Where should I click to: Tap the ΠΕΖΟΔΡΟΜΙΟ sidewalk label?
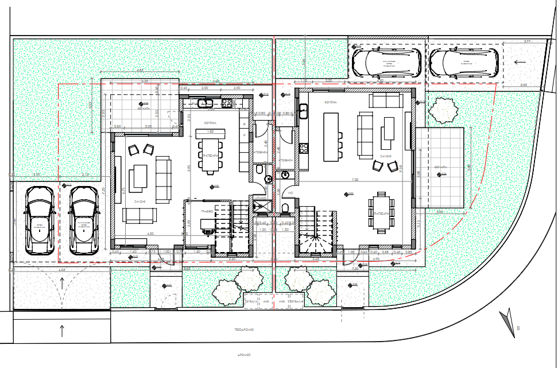point(245,331)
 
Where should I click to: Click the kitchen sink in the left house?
point(206,103)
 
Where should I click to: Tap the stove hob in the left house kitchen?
point(227,103)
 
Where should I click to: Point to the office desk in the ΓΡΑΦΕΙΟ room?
point(205,225)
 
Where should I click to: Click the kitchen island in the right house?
point(331,137)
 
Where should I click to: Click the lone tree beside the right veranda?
point(443,110)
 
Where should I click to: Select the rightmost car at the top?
point(464,62)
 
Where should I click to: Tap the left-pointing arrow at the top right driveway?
point(520,62)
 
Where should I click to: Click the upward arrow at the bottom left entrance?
point(62,330)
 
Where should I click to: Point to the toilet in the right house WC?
point(286,207)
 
